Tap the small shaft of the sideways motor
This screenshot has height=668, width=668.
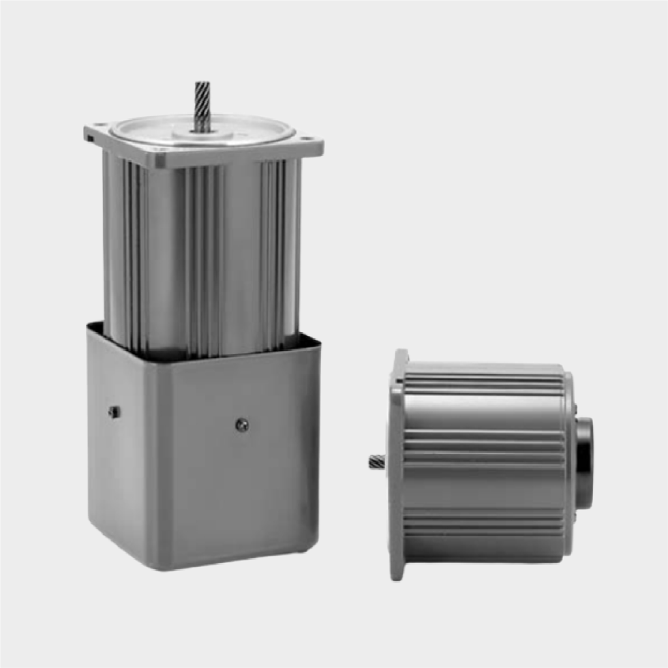coord(376,462)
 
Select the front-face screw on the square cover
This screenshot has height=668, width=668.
coord(242,425)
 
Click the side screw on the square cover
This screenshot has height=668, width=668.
coord(114,412)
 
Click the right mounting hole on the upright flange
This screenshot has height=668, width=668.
coord(305,138)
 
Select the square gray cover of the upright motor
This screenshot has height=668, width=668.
coord(202,457)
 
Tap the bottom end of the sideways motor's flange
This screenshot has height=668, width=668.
coord(397,574)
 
